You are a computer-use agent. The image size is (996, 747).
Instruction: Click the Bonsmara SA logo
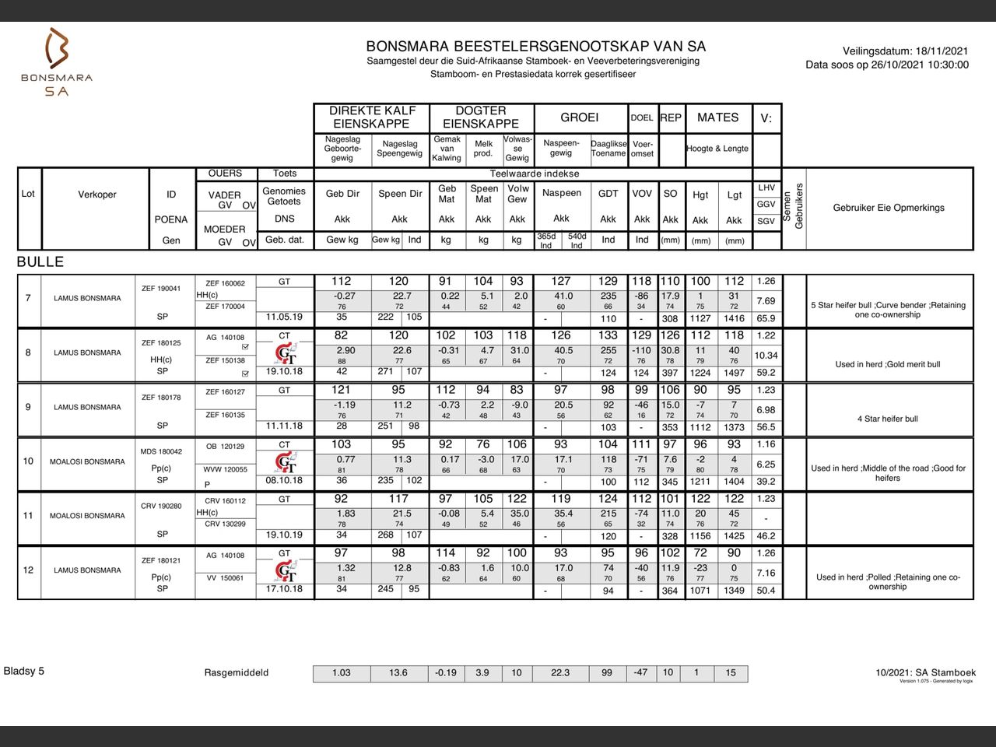pos(56,62)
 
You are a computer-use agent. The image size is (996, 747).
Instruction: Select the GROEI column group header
pos(580,117)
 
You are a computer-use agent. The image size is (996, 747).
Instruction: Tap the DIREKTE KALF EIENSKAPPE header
pos(373,117)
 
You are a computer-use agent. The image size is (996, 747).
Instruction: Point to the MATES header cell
pos(717,117)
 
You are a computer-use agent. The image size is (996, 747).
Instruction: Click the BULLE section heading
pos(40,262)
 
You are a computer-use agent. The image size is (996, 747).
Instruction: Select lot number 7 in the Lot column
pos(29,298)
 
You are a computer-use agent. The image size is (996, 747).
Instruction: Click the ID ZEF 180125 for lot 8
pos(161,343)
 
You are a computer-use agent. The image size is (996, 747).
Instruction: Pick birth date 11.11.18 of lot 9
pos(284,426)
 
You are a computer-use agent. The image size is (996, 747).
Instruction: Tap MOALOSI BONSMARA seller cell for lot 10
pos(87,461)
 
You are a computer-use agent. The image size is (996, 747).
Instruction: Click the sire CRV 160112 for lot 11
pos(225,501)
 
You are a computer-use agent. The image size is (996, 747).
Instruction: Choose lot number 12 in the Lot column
pos(29,570)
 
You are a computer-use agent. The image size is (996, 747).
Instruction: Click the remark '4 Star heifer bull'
pos(888,419)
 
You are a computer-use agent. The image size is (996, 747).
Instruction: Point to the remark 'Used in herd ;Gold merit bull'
pos(888,364)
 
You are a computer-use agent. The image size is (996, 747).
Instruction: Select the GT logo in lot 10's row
pos(286,463)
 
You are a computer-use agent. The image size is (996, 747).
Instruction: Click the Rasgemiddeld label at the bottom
pos(237,673)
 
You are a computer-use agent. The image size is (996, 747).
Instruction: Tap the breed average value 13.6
pos(398,673)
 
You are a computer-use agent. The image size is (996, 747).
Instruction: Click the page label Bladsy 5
pos(24,671)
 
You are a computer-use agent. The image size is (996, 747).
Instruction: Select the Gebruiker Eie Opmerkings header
pos(889,208)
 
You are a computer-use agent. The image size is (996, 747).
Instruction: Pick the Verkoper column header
pos(97,195)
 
